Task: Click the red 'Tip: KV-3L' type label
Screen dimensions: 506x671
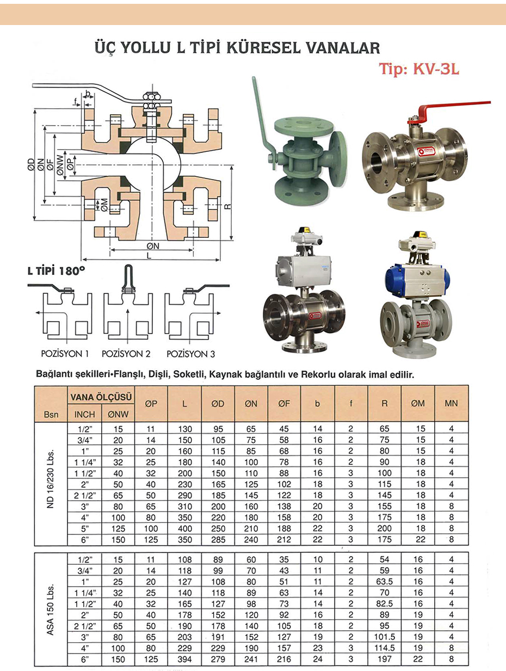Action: (x=419, y=69)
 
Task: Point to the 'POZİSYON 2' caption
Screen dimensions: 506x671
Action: (x=126, y=354)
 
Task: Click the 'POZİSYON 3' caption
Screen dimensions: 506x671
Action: (x=190, y=354)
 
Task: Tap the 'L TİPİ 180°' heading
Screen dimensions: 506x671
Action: (x=56, y=270)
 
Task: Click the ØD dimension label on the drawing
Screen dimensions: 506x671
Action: (x=31, y=165)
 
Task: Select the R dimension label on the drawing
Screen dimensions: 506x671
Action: (x=227, y=206)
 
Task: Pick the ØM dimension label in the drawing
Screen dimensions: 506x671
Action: (x=104, y=205)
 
